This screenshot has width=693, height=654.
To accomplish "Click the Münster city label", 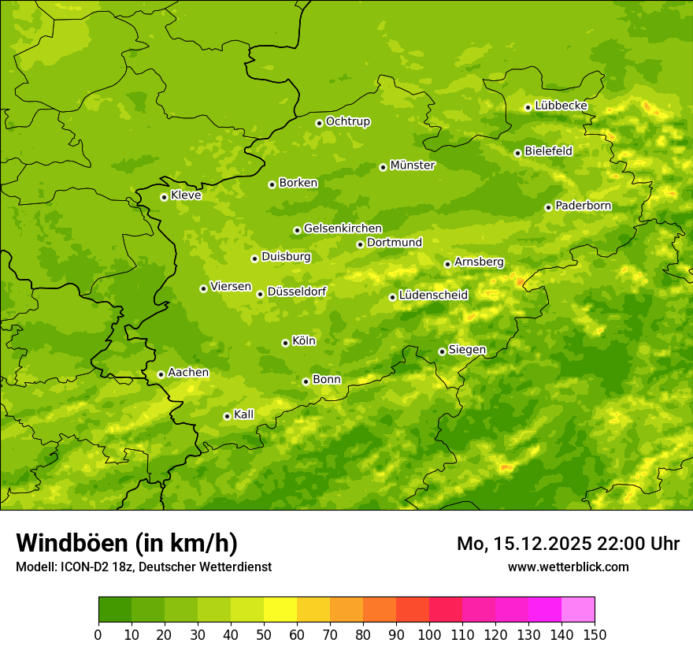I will (413, 165).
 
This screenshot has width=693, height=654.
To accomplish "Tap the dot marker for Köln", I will (285, 343).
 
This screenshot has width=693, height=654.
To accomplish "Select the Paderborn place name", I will (583, 206).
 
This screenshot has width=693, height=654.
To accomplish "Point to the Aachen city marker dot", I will (161, 374).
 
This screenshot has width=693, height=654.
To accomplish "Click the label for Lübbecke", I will (561, 106).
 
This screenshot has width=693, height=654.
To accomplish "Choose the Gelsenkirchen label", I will (343, 229).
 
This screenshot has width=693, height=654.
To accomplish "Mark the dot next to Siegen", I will (442, 351).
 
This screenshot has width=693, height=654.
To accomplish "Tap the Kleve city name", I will (186, 195).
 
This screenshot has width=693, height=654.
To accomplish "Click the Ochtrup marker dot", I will (319, 123).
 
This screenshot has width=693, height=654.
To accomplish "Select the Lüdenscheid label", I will (433, 295).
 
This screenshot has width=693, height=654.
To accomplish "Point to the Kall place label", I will (244, 414).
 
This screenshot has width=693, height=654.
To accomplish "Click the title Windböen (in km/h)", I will (127, 543).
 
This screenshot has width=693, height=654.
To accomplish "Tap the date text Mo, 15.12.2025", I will (529, 544).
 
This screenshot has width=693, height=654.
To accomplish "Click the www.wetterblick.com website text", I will (568, 567).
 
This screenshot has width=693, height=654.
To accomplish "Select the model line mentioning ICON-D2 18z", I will (143, 567).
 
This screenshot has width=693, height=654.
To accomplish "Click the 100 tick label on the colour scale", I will (429, 635).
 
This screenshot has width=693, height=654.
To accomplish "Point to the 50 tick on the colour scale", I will (264, 635).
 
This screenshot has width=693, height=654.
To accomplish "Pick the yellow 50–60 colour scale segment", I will (280, 610).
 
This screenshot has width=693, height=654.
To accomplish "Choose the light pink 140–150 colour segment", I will (578, 610).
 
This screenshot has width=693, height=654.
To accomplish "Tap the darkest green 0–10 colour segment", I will (115, 610).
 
